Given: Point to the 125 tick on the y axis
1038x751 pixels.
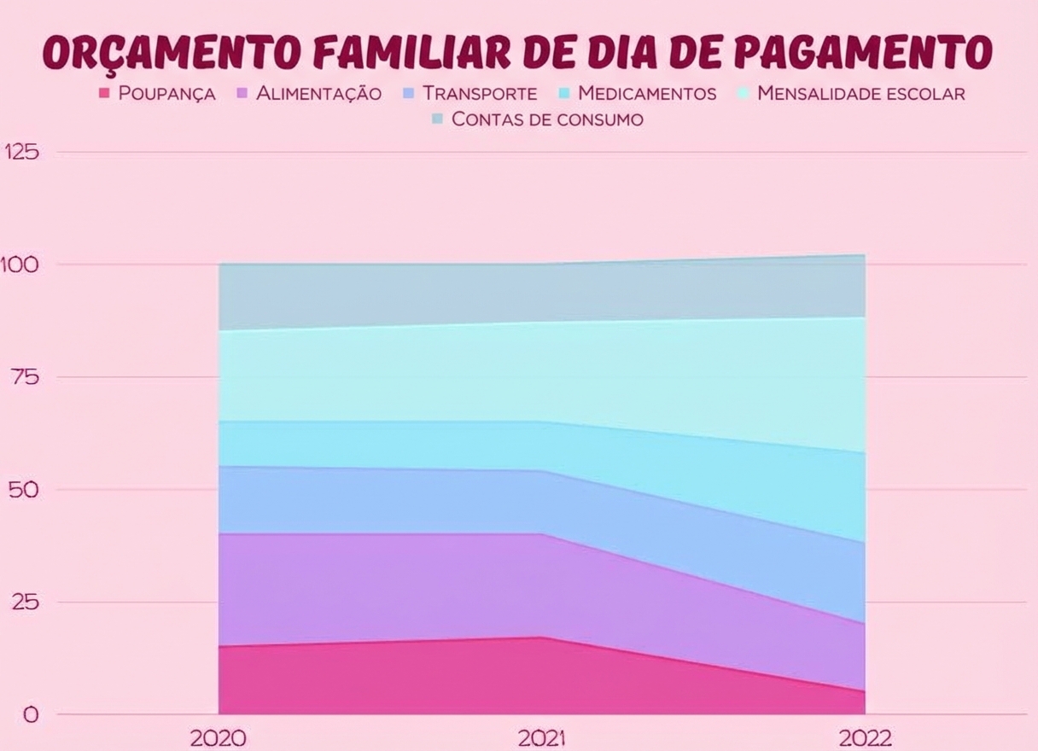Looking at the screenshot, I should pyautogui.click(x=23, y=152).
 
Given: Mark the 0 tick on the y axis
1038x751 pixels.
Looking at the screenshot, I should pyautogui.click(x=30, y=715).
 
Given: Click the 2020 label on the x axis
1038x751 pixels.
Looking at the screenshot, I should pyautogui.click(x=218, y=738).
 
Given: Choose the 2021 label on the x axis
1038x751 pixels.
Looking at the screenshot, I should pyautogui.click(x=540, y=738).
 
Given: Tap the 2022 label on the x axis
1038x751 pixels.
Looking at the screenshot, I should pyautogui.click(x=864, y=738).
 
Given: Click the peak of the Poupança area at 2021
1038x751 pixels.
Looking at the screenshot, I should pyautogui.click(x=540, y=637).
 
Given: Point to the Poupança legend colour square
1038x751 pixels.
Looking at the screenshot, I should pyautogui.click(x=106, y=93).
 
